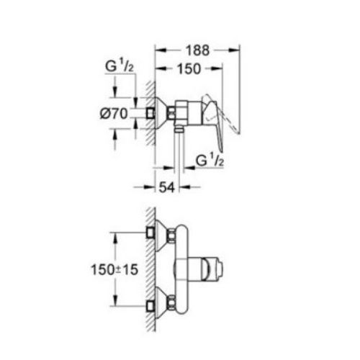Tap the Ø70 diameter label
click(114, 113)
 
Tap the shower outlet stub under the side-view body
click(178, 130)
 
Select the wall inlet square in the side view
click(150, 113)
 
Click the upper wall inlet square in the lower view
click(150, 233)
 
